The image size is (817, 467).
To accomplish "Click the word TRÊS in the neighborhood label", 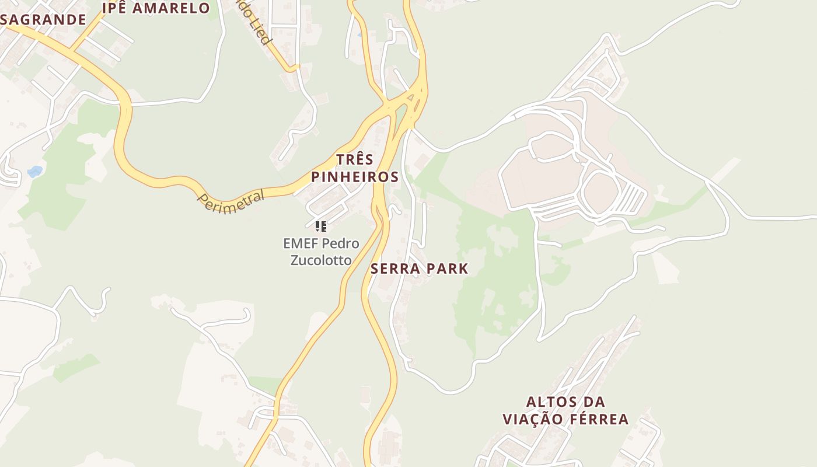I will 354,159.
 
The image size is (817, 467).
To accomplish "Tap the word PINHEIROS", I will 354,177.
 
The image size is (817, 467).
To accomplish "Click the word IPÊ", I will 114,8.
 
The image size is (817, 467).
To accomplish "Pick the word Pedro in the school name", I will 341,243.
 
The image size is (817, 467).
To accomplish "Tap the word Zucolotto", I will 321,260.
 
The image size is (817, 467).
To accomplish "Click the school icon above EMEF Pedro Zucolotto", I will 320,226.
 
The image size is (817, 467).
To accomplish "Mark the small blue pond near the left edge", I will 35,172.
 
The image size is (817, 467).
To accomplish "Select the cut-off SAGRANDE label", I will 43,20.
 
